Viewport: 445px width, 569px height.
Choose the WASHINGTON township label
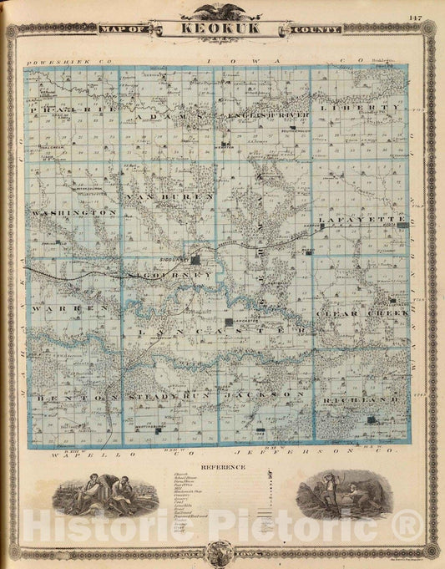73,213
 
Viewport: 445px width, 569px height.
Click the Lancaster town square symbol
229,322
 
